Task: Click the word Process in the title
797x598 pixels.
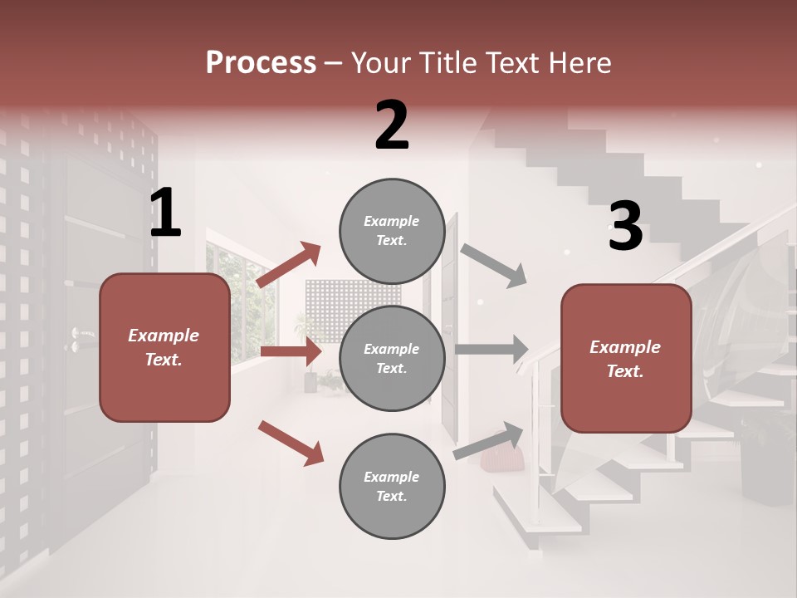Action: (261, 62)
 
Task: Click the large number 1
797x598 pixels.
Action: (165, 213)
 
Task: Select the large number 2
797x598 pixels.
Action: (392, 125)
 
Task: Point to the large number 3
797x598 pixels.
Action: (625, 227)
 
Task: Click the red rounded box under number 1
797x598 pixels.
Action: (164, 347)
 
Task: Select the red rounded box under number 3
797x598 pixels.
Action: (626, 358)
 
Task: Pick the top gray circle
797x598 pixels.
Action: (392, 231)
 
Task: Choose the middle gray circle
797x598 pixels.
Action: (392, 358)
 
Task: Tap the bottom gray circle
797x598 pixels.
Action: (392, 486)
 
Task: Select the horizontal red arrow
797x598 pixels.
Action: (291, 351)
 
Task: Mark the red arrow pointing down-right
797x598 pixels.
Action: (291, 443)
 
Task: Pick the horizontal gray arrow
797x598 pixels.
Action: (491, 350)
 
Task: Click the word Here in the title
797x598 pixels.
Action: (580, 62)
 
